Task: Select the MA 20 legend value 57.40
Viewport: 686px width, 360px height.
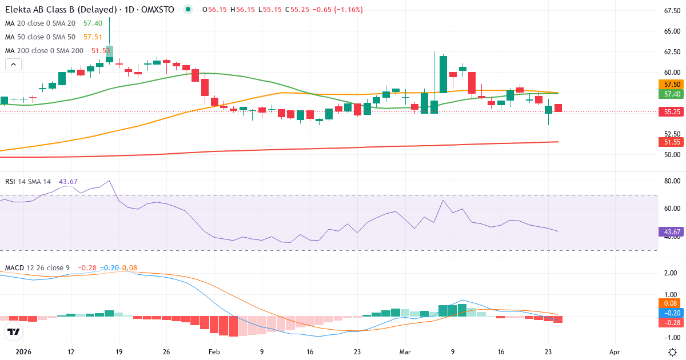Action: click(x=93, y=23)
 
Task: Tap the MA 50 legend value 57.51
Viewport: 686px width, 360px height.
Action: click(x=93, y=37)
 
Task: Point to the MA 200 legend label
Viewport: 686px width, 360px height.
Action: click(x=44, y=51)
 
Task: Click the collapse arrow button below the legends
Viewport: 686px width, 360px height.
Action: click(x=13, y=65)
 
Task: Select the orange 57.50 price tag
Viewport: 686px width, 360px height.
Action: click(x=668, y=84)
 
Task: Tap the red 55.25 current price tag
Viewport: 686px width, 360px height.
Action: click(x=668, y=112)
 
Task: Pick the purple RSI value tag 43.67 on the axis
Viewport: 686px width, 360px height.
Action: click(x=668, y=232)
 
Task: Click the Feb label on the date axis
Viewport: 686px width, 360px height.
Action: click(x=214, y=352)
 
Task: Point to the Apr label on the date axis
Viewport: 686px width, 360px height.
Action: click(x=615, y=352)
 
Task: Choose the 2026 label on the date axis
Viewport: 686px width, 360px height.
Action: click(x=23, y=352)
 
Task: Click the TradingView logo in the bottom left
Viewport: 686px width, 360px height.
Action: click(x=13, y=332)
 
